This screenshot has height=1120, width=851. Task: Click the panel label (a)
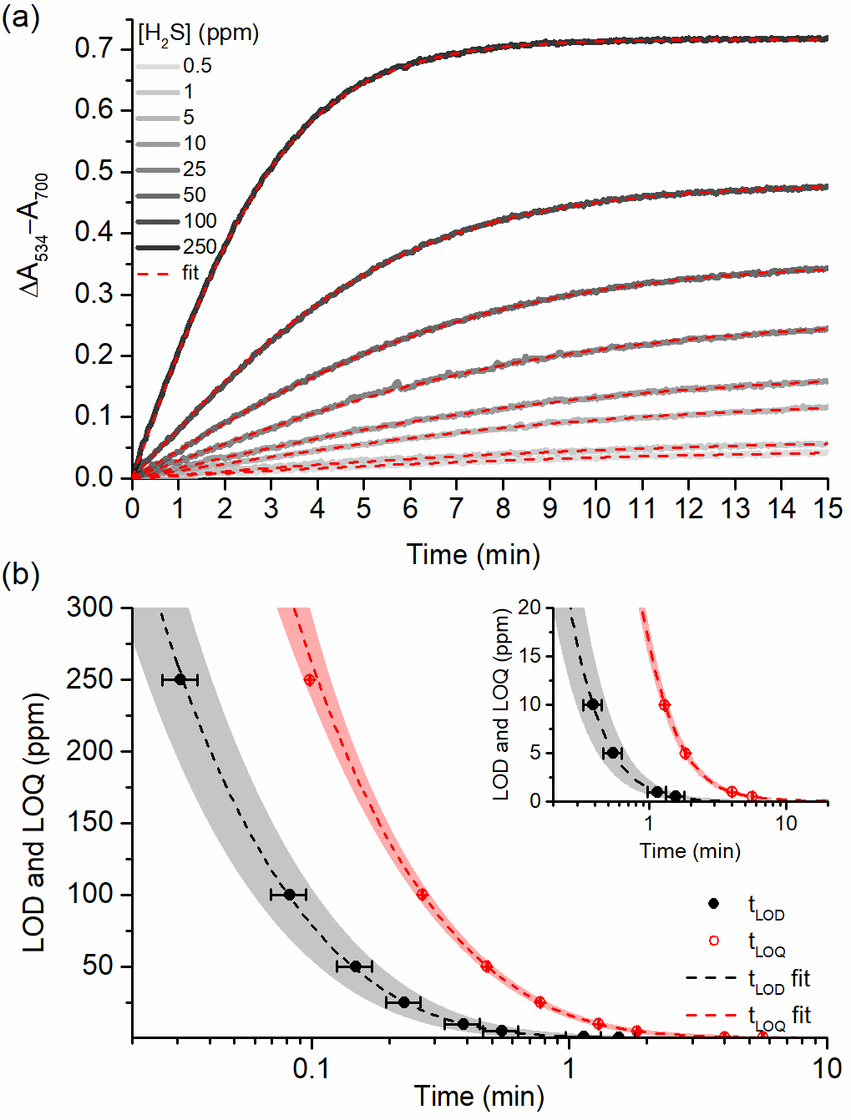[x=20, y=18]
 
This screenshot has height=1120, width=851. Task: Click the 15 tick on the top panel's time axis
[x=827, y=508]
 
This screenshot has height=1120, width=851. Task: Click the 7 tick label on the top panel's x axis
[x=456, y=508]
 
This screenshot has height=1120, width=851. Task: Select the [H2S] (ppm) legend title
[x=198, y=33]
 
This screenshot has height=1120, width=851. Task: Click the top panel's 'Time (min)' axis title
[x=474, y=554]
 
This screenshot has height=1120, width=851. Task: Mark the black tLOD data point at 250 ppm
[x=180, y=679]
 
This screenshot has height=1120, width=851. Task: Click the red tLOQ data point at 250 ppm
[x=310, y=679]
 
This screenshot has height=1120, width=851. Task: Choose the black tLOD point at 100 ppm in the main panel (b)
[x=289, y=895]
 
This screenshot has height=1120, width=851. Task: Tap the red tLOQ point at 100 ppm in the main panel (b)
[x=422, y=895]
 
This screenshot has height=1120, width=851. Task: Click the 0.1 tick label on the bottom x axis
[x=312, y=1068]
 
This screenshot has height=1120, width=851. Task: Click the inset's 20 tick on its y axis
[x=529, y=608]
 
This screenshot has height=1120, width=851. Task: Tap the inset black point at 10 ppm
[x=592, y=704]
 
